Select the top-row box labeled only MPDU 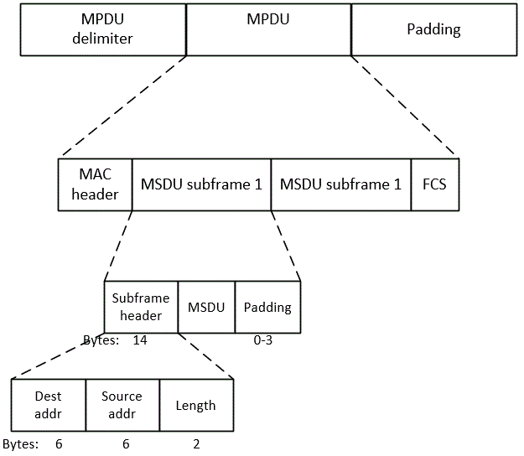(268, 29)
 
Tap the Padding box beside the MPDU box (433, 29)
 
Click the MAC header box (95, 184)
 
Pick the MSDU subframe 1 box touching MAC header (201, 184)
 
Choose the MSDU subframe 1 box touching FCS (340, 184)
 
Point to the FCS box (434, 184)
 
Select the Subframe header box (141, 307)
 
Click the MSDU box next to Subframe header (206, 307)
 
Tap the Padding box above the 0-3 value (267, 307)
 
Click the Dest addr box (49, 405)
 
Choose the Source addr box (122, 405)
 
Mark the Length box (195, 405)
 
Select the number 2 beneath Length (195, 444)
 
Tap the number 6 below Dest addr (59, 444)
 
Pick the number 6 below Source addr (126, 444)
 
